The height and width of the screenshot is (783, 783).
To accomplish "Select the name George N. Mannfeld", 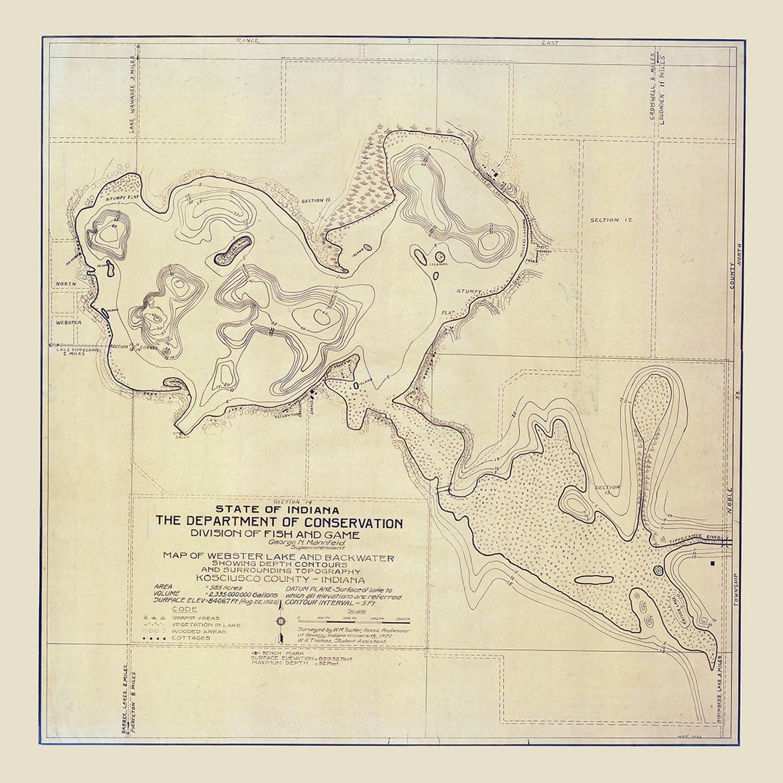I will [x=277, y=541].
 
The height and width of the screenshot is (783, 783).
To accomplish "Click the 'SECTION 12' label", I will [x=611, y=220].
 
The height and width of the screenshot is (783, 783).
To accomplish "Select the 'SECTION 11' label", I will [x=316, y=200].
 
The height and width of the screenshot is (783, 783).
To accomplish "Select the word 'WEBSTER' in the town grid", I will [x=67, y=322].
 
